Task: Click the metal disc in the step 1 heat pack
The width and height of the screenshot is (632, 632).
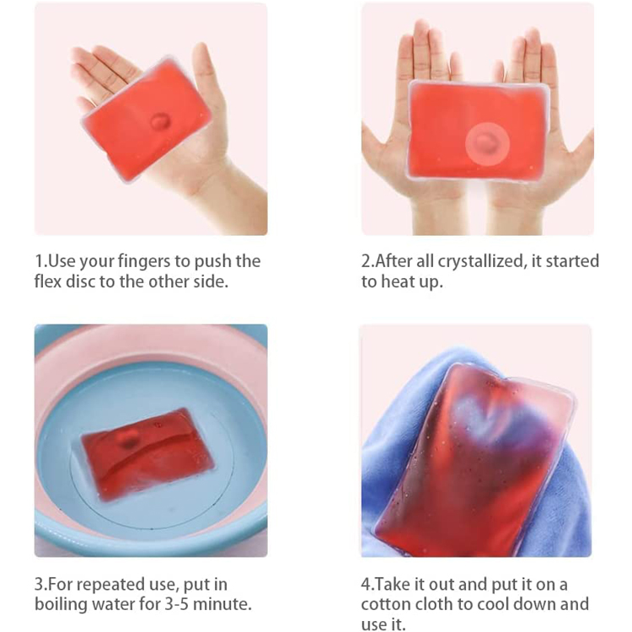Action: tap(160, 121)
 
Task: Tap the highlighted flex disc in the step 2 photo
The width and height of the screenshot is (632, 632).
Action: tap(487, 143)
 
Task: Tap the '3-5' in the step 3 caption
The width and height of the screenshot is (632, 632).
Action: tap(177, 604)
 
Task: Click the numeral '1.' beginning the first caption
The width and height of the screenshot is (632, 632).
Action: tap(41, 261)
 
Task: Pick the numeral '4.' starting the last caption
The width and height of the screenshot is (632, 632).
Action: tap(367, 585)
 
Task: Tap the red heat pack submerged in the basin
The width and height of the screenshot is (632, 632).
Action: tap(147, 453)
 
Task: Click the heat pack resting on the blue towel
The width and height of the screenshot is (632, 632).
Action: tap(475, 458)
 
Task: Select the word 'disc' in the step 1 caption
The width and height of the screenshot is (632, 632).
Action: tap(81, 281)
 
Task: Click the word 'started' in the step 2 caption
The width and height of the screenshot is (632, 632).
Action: tap(572, 261)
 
